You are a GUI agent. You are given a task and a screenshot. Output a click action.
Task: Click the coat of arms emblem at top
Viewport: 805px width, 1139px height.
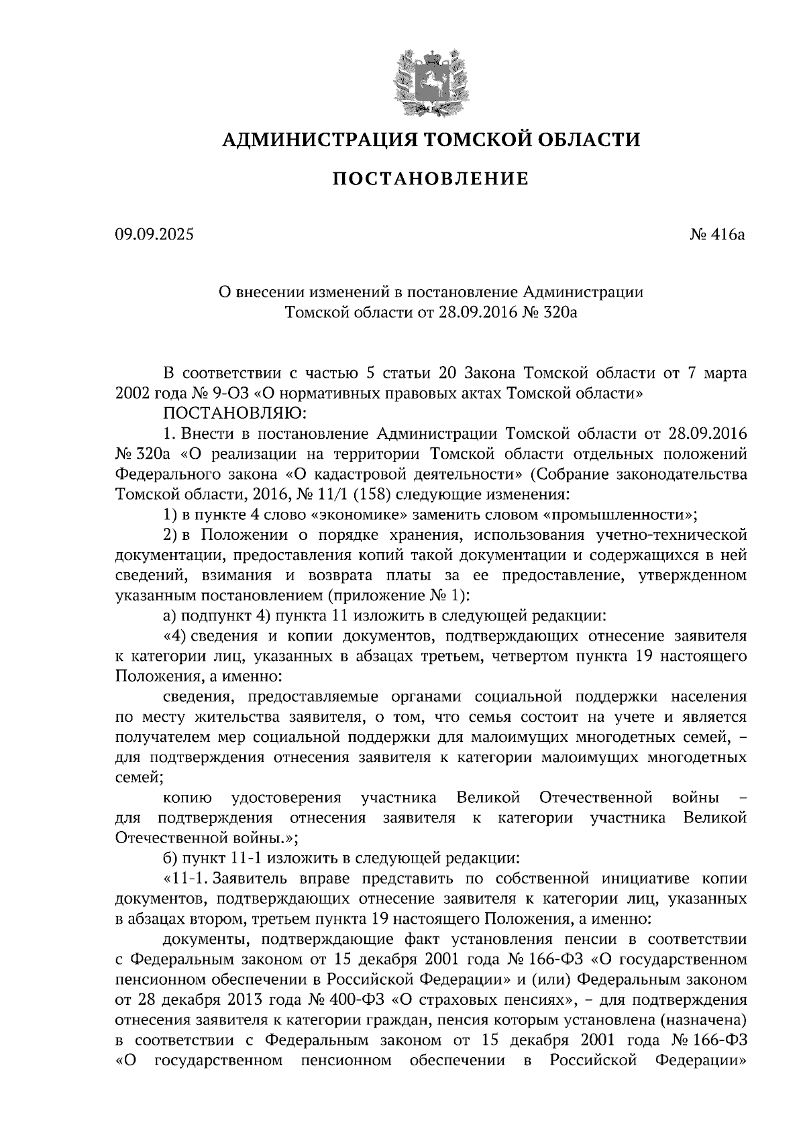(430, 79)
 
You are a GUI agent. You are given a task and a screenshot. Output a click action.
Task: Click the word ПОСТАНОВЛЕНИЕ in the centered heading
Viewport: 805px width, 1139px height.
(430, 179)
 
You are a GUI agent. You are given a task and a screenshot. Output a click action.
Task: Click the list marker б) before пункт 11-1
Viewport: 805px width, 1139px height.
(169, 858)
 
